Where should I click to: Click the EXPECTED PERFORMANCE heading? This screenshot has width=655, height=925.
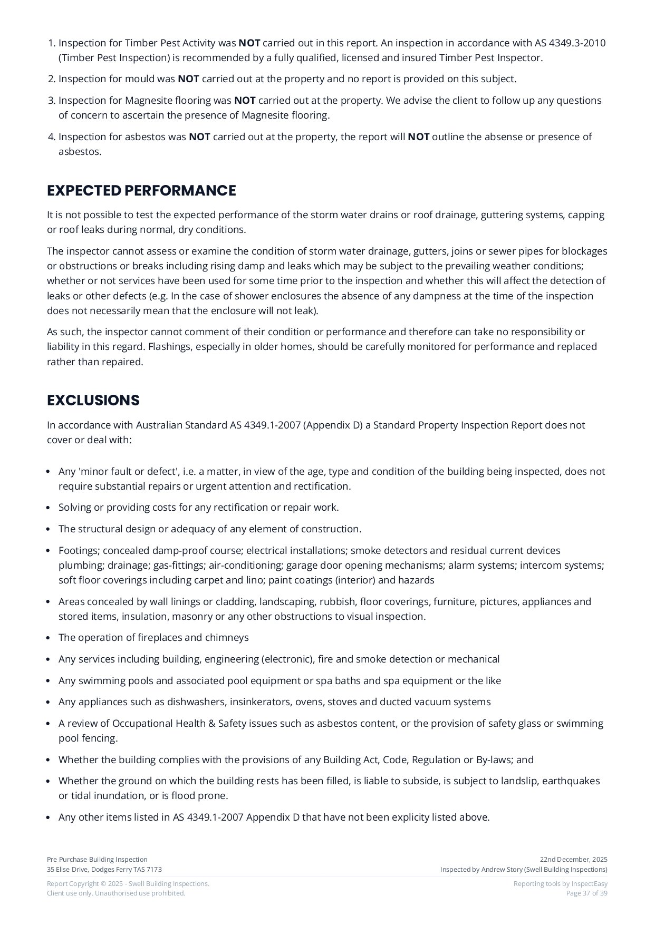[x=141, y=191]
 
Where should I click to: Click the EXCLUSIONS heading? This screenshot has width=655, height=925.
[x=93, y=401]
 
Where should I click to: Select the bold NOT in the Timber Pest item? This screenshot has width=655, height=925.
[x=249, y=43]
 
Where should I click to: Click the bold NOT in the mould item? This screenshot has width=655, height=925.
[x=188, y=79]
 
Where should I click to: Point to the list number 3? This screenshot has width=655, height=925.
[x=51, y=101]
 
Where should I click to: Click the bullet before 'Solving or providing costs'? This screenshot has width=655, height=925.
[x=49, y=508]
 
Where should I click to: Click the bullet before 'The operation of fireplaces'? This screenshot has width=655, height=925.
[x=49, y=638]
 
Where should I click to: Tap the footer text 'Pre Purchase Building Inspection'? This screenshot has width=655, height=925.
[x=97, y=860]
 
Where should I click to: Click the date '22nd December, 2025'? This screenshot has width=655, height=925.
[x=573, y=860]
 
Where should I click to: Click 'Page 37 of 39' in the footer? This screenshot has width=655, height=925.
[x=586, y=893]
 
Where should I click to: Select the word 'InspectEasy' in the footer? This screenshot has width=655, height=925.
[x=590, y=884]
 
